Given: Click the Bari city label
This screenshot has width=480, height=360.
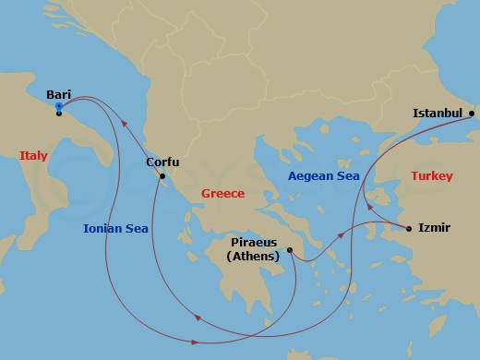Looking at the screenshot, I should [59, 93].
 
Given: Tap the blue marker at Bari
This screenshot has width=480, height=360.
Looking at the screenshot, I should [59, 105].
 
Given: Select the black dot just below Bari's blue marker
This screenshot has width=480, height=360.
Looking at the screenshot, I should [59, 114].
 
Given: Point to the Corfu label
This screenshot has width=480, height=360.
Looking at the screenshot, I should [162, 162].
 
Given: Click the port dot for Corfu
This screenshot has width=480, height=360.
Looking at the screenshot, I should [162, 175].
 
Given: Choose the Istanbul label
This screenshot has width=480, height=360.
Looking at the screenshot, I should [437, 114].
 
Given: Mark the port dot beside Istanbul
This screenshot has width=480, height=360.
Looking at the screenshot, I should [472, 114].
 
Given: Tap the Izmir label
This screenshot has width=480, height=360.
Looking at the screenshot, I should [434, 227].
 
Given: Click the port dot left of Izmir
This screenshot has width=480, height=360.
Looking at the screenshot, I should [409, 227].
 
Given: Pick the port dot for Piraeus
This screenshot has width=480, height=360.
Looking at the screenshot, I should [289, 249].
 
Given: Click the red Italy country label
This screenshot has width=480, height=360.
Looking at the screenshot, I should [33, 156].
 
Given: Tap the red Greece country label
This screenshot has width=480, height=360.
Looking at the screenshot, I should [222, 194].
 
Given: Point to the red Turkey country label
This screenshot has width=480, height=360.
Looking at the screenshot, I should [432, 175].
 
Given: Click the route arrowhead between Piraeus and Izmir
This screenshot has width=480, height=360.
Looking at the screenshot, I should [342, 237].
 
